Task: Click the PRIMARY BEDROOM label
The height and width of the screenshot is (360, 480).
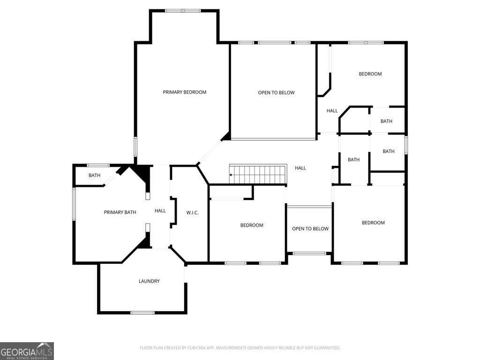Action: pyautogui.click(x=184, y=92)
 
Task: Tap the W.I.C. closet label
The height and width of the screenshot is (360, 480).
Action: pyautogui.click(x=192, y=213)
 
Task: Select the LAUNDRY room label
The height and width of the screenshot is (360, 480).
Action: pyautogui.click(x=149, y=281)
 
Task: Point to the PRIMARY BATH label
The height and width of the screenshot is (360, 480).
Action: pyautogui.click(x=120, y=212)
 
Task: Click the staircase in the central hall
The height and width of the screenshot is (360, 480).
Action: pyautogui.click(x=257, y=174)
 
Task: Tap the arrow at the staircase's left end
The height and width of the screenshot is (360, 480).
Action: pyautogui.click(x=231, y=175)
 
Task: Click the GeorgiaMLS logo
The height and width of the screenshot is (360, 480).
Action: pyautogui.click(x=27, y=351)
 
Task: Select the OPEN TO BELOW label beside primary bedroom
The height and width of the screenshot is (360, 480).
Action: pyautogui.click(x=276, y=93)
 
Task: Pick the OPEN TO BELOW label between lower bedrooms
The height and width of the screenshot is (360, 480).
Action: pyautogui.click(x=310, y=229)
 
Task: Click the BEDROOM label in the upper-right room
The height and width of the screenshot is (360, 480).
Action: pyautogui.click(x=370, y=74)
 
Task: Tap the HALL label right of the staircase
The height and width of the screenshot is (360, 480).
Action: pyautogui.click(x=300, y=168)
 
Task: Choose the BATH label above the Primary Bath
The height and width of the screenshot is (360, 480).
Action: pyautogui.click(x=95, y=176)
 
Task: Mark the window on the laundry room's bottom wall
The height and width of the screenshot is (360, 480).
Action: pyautogui.click(x=142, y=313)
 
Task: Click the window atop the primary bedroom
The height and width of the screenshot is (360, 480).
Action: pyautogui.click(x=183, y=10)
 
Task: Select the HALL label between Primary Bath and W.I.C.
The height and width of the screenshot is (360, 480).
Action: pyautogui.click(x=160, y=211)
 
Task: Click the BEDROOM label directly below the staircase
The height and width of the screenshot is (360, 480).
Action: pyautogui.click(x=252, y=225)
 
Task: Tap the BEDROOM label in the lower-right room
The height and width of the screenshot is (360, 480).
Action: pyautogui.click(x=373, y=223)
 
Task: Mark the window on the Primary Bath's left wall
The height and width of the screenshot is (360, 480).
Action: pyautogui.click(x=74, y=204)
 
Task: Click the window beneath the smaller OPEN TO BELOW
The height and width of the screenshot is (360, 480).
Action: pyautogui.click(x=309, y=254)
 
